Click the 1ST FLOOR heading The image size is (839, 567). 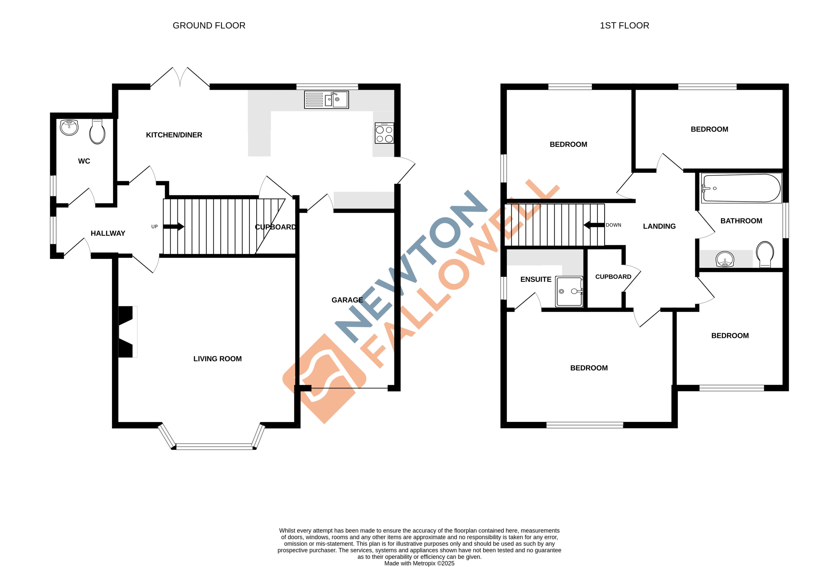coord(624,26)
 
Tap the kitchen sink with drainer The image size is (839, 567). coord(326,99)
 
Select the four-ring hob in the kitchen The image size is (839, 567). coord(384,133)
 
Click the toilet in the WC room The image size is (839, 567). coord(97,132)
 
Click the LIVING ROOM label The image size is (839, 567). coord(217,359)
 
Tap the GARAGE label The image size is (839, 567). coord(347,300)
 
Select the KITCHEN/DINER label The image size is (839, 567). coord(174,135)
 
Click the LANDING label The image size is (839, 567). coord(659,226)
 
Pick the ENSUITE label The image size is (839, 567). coord(536,279)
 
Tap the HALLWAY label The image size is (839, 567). coord(108,233)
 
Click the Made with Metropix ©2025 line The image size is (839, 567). coord(419,563)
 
